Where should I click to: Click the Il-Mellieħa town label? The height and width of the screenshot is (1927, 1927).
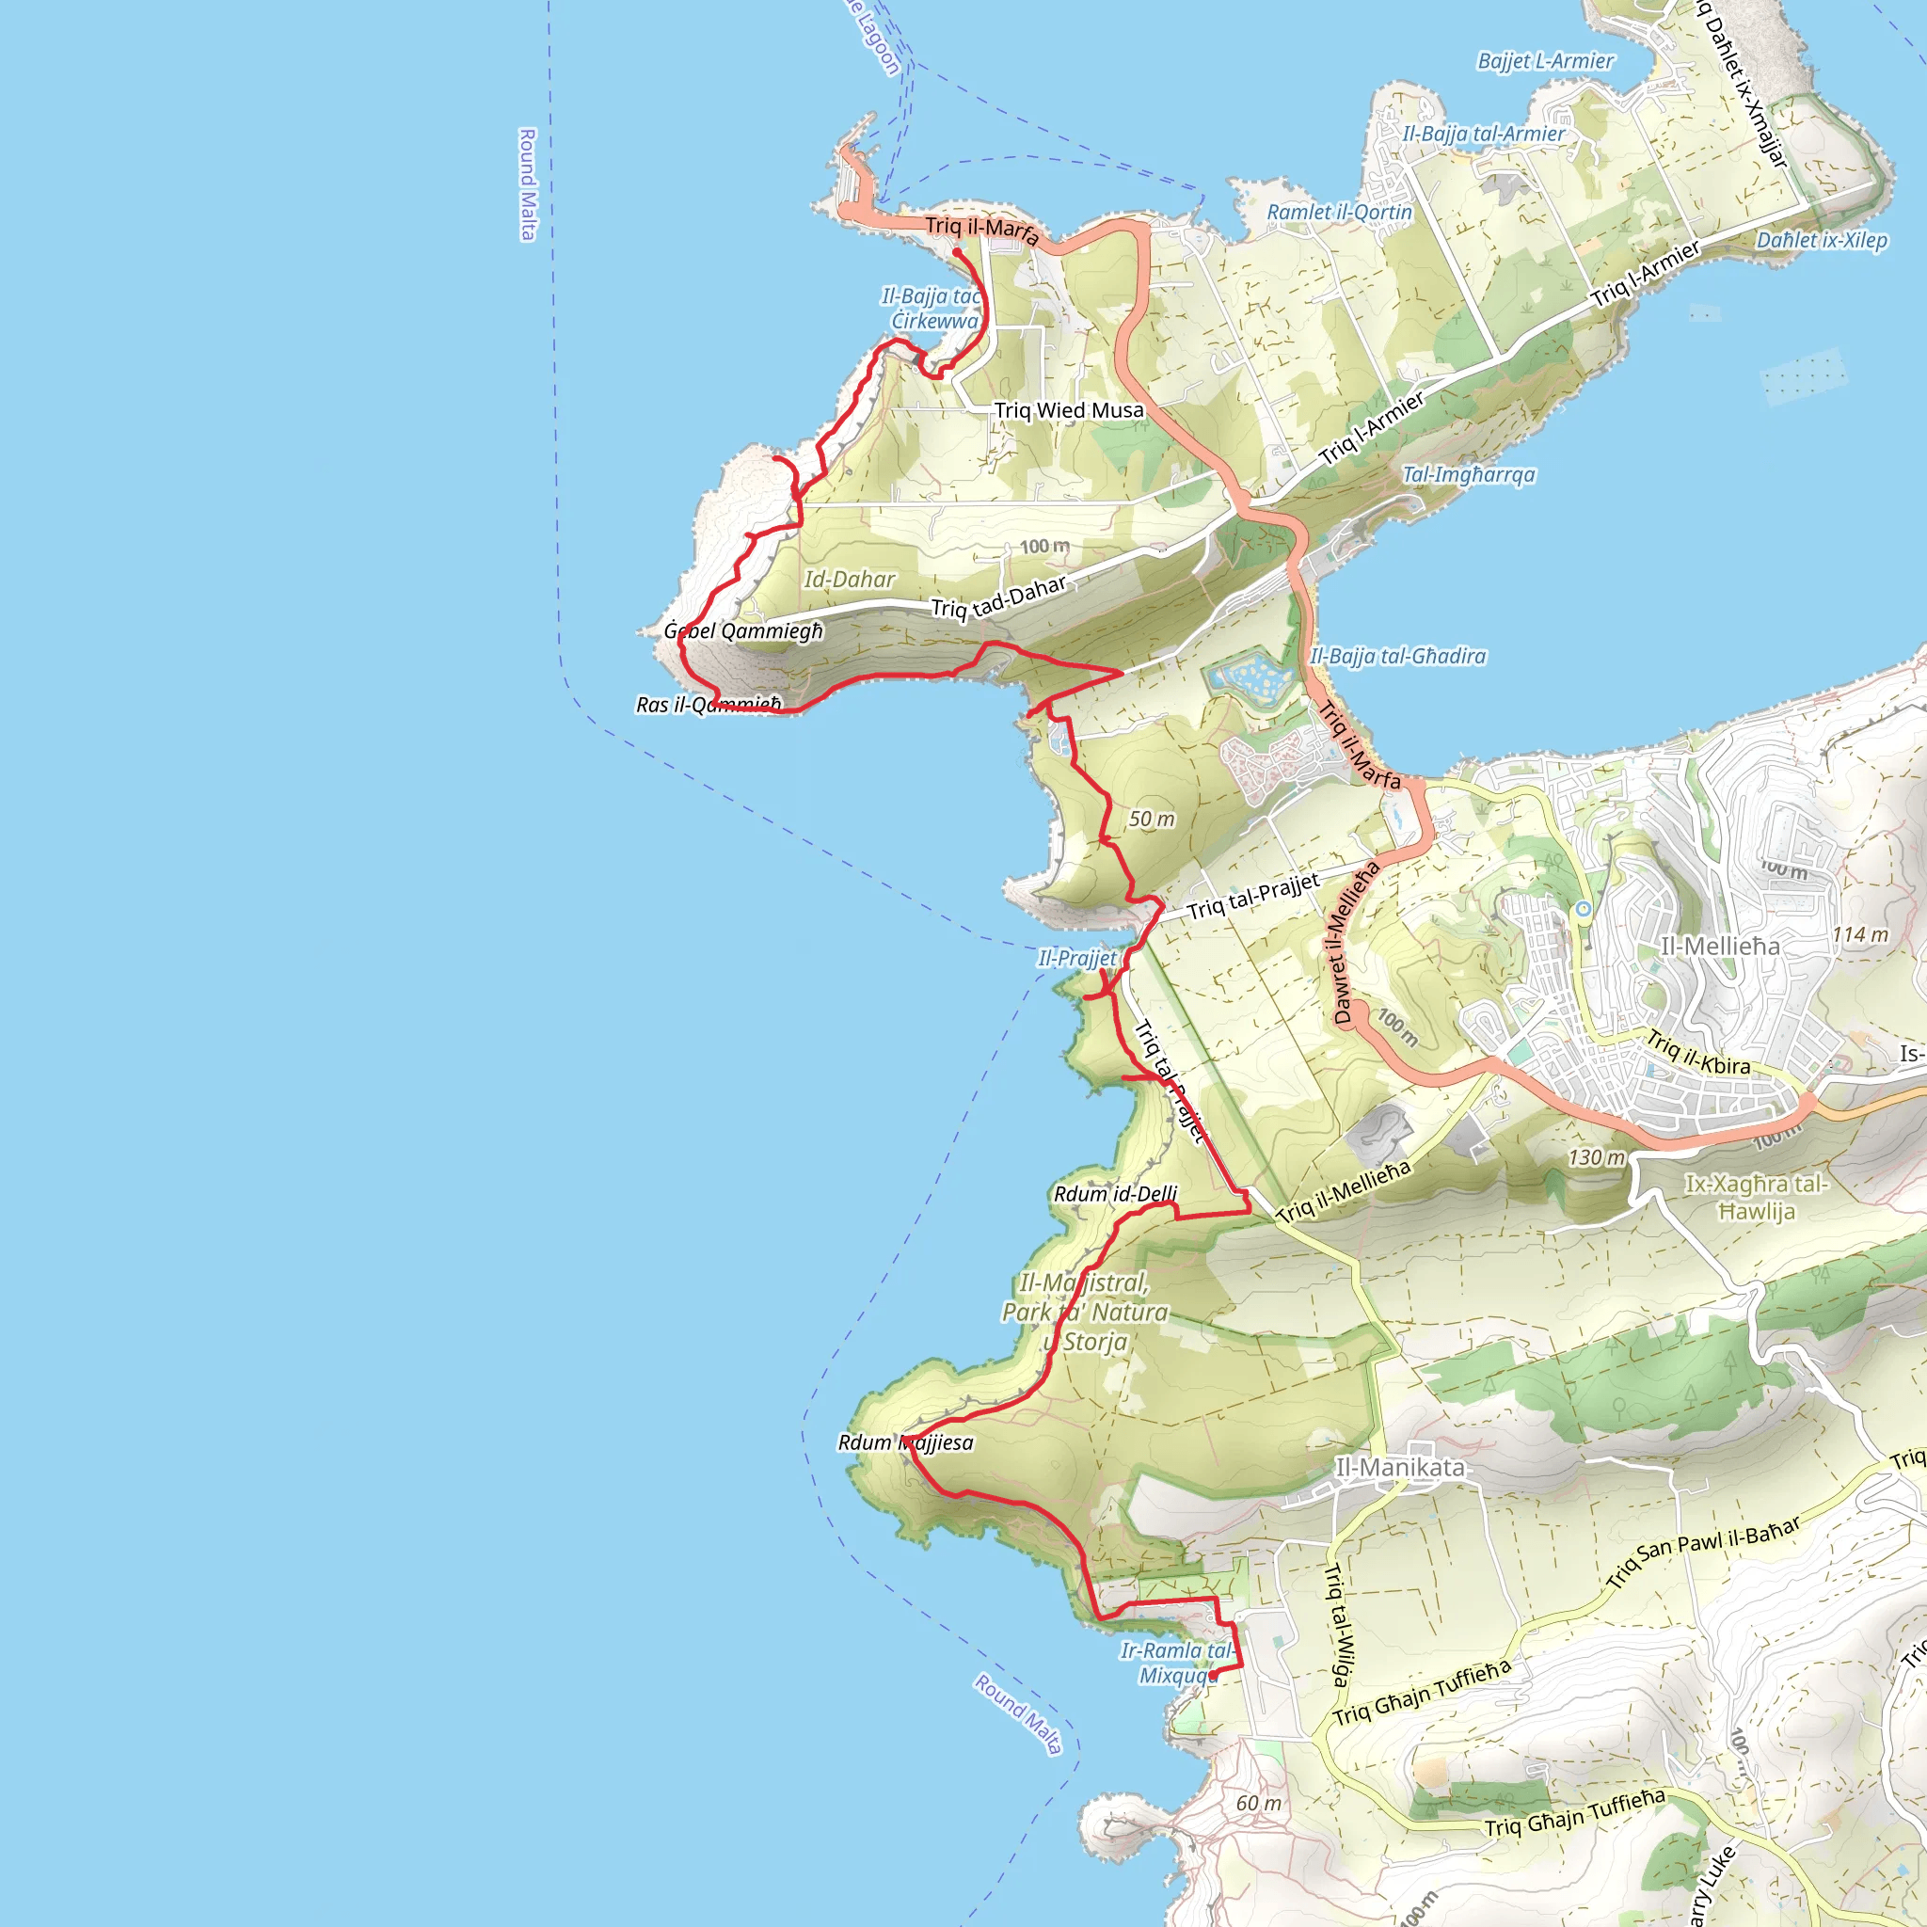pos(1720,946)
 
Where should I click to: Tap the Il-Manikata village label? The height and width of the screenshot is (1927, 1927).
pos(1400,1467)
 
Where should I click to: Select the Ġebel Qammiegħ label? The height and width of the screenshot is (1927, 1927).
pos(744,631)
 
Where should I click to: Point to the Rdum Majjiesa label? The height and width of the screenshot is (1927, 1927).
pos(906,1442)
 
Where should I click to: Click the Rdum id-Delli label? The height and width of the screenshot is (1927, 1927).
pos(1115,1194)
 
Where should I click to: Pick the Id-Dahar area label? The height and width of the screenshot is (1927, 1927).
pos(850,580)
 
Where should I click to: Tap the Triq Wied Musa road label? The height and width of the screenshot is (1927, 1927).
pos(1069,410)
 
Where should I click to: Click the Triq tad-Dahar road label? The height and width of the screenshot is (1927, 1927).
pos(998,597)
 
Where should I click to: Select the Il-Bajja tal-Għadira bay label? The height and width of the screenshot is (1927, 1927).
pos(1397,657)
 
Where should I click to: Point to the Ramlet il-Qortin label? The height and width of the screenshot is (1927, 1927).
pos(1340,213)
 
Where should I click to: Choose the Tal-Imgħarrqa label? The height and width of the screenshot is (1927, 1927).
pos(1468,475)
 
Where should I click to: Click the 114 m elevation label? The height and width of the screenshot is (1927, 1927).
pos(1860,934)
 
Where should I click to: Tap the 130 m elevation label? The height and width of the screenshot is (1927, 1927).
pos(1596,1157)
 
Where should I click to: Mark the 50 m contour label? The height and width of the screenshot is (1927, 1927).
pos(1152,819)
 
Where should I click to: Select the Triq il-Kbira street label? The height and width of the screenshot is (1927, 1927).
pos(1697,1053)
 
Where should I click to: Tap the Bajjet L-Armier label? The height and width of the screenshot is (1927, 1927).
pos(1545,61)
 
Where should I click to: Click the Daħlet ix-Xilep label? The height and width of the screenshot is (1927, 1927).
pos(1822,240)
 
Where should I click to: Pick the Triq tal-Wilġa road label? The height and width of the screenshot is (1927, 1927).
pos(1338,1625)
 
